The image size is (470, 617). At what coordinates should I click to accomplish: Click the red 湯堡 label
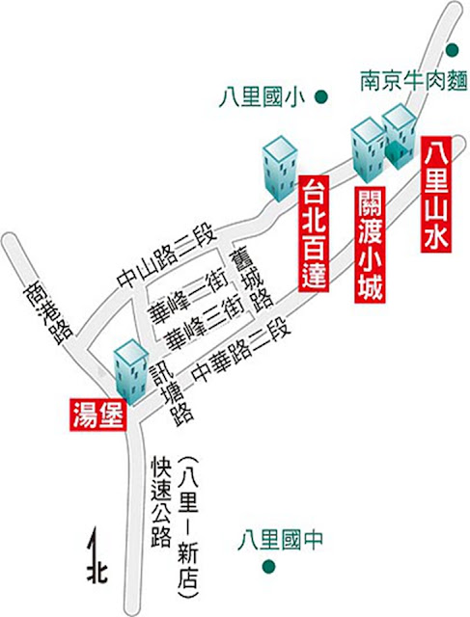(98, 415)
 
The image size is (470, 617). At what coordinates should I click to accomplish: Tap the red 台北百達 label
(314, 233)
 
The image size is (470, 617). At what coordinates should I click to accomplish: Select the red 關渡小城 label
(370, 245)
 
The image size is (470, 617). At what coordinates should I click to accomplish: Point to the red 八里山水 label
(436, 195)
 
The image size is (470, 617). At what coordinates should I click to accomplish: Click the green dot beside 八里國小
(321, 96)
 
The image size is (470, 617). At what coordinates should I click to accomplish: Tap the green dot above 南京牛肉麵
(453, 49)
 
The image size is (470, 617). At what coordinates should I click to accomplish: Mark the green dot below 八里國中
(269, 567)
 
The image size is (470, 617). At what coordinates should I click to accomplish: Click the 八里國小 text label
(263, 97)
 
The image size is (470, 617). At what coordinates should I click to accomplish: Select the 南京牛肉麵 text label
(414, 81)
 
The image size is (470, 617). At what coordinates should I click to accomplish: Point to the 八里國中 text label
(280, 540)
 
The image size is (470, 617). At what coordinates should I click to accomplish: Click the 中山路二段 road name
(167, 255)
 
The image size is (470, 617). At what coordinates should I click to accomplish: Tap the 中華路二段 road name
(241, 350)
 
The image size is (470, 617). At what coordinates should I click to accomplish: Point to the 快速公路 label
(161, 501)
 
